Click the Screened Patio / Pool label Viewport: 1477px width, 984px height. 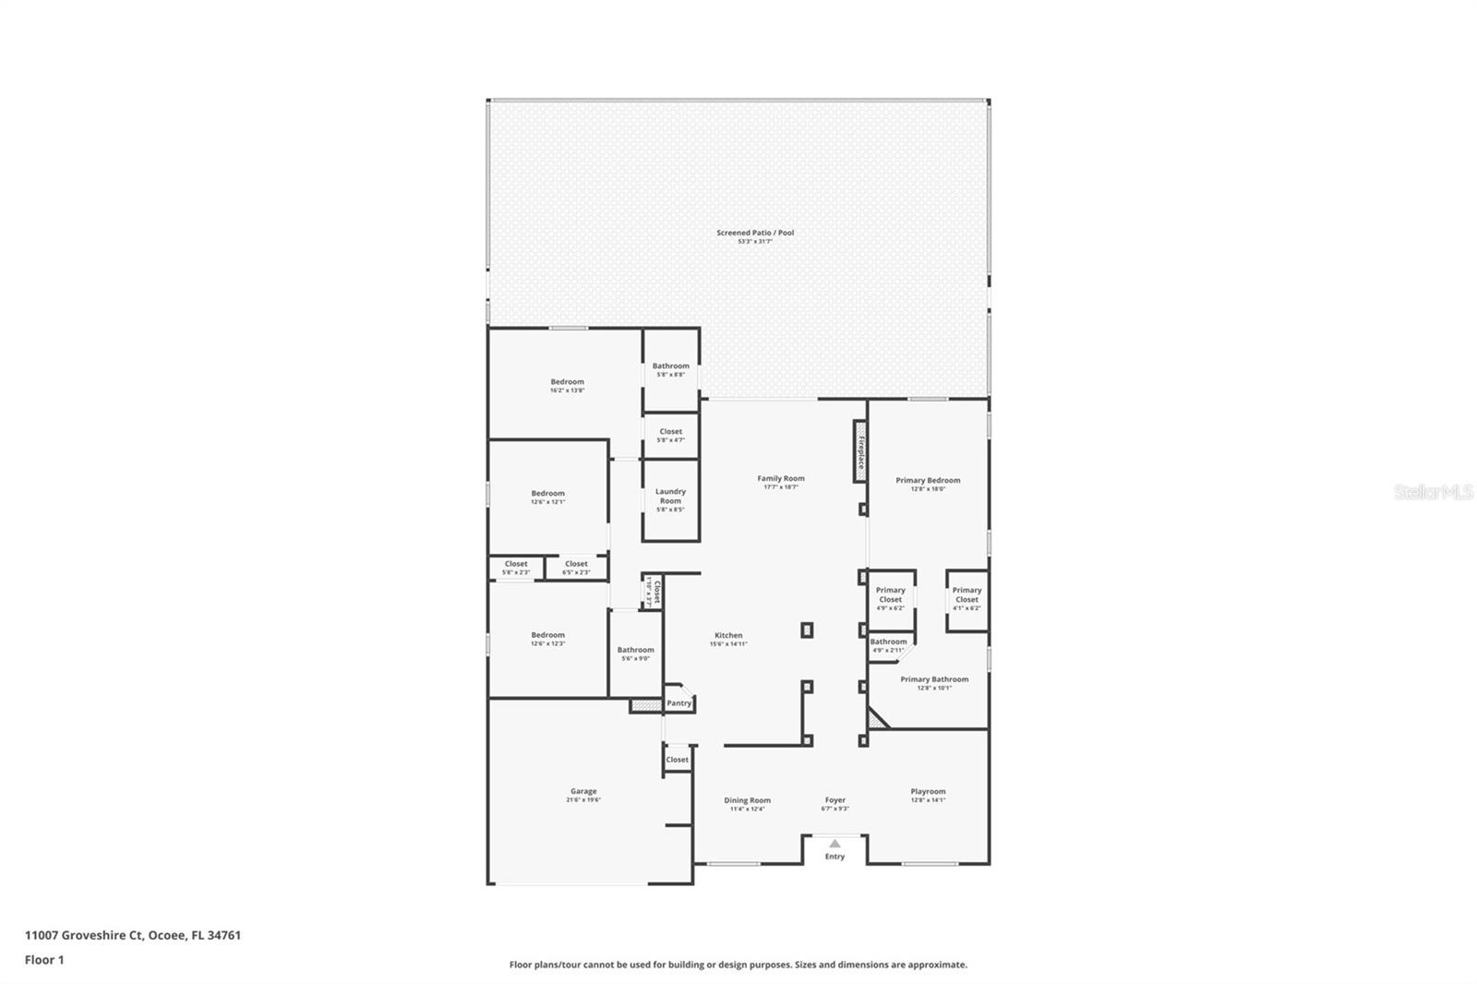point(755,233)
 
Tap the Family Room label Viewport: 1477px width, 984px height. point(781,478)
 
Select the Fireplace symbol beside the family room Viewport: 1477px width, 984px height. point(859,451)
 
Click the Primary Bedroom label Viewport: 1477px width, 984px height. point(928,480)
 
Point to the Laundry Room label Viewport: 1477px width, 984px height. point(670,496)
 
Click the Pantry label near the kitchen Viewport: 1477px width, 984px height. point(678,703)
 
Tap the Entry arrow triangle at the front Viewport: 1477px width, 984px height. point(835,843)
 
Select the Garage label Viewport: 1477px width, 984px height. point(583,791)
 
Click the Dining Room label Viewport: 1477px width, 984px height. point(747,800)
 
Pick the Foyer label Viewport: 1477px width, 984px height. point(835,800)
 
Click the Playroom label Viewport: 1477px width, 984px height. point(928,791)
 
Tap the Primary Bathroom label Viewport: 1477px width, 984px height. point(934,679)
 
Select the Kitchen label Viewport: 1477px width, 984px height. point(728,635)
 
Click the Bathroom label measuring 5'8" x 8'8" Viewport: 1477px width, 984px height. point(670,366)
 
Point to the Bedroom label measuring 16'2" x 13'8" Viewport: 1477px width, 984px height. point(567,381)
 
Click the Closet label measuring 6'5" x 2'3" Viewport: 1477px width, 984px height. point(576,564)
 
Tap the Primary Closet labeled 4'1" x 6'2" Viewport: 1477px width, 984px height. point(967,594)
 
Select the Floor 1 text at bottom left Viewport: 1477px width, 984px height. point(44,960)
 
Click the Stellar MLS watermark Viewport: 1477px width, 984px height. point(1433,492)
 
